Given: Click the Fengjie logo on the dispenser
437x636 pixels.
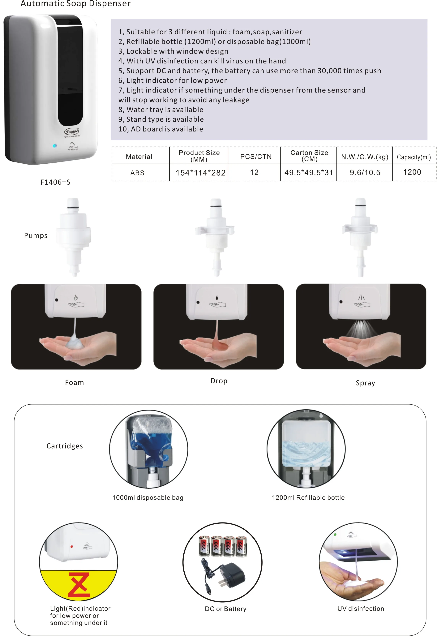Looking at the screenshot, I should click(72, 131).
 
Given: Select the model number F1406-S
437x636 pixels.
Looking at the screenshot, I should click(55, 182).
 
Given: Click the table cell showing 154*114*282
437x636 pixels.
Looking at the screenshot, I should click(200, 173).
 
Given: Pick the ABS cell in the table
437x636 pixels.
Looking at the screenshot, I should click(137, 173).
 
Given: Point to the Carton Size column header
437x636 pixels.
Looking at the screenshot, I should click(309, 156).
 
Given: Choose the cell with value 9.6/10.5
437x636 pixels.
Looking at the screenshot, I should click(365, 173).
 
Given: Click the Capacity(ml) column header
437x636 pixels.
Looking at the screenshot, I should click(413, 157).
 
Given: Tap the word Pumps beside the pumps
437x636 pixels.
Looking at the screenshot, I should click(36, 236).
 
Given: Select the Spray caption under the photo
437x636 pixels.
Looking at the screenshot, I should click(365, 383).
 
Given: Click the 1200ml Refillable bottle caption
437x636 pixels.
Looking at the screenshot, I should click(308, 497).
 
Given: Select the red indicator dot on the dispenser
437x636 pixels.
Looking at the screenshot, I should click(72, 547).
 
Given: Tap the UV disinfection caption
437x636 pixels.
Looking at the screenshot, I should click(360, 608).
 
